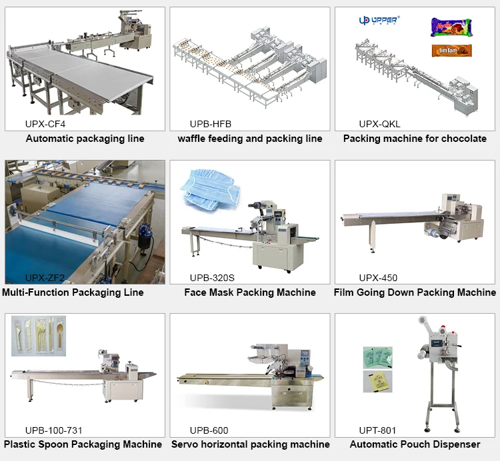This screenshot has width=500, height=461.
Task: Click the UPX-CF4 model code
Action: tap(45, 124)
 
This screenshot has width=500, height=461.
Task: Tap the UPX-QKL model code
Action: tap(379, 124)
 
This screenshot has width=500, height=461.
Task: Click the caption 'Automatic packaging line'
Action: tap(85, 139)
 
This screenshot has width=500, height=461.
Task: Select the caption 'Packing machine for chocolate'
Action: tap(415, 139)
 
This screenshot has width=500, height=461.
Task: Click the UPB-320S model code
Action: tap(212, 277)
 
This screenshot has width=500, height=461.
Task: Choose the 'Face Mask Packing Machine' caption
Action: tap(250, 292)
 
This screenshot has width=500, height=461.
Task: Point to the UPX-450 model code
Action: tap(378, 277)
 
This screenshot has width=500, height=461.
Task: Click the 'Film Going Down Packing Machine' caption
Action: tap(415, 292)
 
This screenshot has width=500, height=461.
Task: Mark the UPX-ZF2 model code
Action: tap(45, 277)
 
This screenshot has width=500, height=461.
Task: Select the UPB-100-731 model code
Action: tap(53, 430)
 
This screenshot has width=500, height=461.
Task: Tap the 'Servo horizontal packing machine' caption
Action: tap(250, 444)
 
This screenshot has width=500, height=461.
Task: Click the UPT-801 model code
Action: tap(378, 430)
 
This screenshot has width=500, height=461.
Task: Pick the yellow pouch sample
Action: tap(377, 381)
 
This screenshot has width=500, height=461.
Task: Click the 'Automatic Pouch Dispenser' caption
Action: tap(415, 444)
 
